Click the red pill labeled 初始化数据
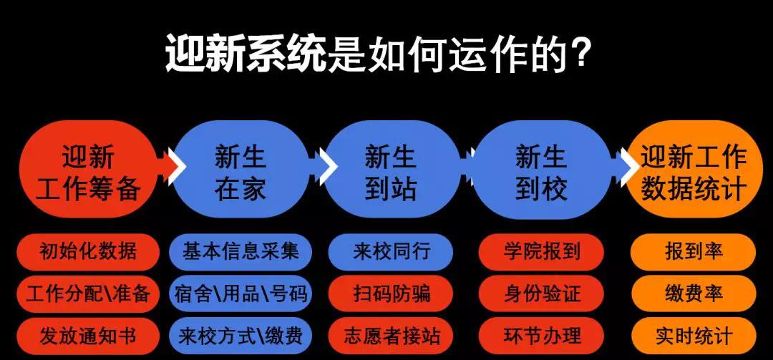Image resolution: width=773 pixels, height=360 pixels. (88, 251)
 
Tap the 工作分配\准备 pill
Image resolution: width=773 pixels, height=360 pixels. (88, 294)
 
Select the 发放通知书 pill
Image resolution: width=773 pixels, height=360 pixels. (88, 336)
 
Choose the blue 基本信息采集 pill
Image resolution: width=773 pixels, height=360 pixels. (240, 251)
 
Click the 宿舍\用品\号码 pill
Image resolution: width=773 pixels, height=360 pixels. (240, 294)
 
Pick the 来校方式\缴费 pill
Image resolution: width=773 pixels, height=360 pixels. (240, 336)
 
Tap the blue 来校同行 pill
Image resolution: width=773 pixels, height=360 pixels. (391, 251)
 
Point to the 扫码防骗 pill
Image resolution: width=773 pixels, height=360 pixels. (391, 294)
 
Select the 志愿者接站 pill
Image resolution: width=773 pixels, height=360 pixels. (391, 336)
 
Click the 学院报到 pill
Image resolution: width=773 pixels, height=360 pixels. (541, 251)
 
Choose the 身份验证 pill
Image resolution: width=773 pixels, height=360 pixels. (541, 294)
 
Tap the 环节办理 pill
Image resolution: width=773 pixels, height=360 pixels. (541, 336)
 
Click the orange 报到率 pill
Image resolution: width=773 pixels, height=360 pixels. (693, 251)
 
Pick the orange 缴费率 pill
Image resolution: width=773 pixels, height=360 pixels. (693, 294)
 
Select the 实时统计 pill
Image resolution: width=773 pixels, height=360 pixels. (693, 336)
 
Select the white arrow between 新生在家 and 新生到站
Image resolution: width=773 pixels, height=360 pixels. (326, 166)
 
